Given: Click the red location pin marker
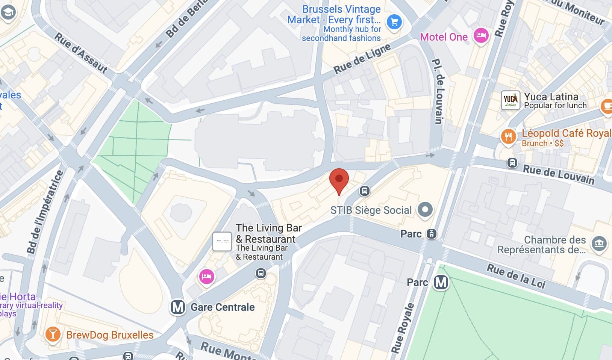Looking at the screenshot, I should click(x=339, y=180).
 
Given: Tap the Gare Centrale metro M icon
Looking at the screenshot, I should click(x=178, y=307).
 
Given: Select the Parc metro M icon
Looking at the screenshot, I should click(x=441, y=282).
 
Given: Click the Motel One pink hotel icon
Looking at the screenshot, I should click(x=481, y=36).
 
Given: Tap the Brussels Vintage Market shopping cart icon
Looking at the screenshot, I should click(x=394, y=22).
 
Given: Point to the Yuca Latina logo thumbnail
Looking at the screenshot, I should click(x=511, y=100).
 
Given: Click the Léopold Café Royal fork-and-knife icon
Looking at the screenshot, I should click(x=508, y=136).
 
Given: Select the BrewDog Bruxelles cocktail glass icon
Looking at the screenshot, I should click(x=52, y=334).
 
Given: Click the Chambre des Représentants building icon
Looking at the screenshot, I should click(x=599, y=244).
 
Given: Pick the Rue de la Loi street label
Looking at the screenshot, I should click(x=516, y=276).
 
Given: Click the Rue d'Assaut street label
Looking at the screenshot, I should click(x=81, y=53).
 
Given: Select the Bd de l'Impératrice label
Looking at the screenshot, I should click(x=45, y=212).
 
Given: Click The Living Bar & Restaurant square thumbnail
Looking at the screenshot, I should click(x=222, y=241).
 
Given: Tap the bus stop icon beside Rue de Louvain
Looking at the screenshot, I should click(x=512, y=163).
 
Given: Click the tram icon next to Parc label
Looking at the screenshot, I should click(x=432, y=234).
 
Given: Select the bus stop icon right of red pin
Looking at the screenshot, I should click(x=364, y=191).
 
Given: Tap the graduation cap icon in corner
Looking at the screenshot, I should click(x=8, y=12).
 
